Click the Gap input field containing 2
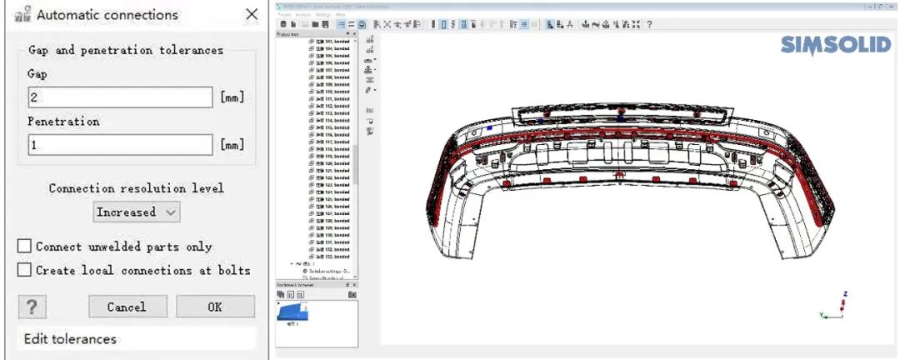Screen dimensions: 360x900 [x=120, y=97]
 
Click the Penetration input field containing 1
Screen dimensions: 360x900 [x=120, y=145]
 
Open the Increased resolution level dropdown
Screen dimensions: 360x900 [x=137, y=212]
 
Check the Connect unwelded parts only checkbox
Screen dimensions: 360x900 [x=25, y=247]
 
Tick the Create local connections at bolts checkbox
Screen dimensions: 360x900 [x=25, y=270]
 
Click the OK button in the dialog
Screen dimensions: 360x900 [x=215, y=307]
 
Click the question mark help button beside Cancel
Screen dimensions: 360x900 [x=32, y=307]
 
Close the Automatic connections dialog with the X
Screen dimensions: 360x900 [x=252, y=15]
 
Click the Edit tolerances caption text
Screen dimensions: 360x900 [x=70, y=339]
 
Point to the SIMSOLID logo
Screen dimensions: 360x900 [x=836, y=46]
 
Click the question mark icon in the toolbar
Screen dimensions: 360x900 [x=649, y=24]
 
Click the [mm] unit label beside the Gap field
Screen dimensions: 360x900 [x=232, y=97]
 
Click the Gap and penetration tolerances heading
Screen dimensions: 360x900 [x=126, y=50]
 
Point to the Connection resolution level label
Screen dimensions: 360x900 [x=136, y=188]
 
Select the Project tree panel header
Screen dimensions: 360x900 [x=292, y=34]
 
